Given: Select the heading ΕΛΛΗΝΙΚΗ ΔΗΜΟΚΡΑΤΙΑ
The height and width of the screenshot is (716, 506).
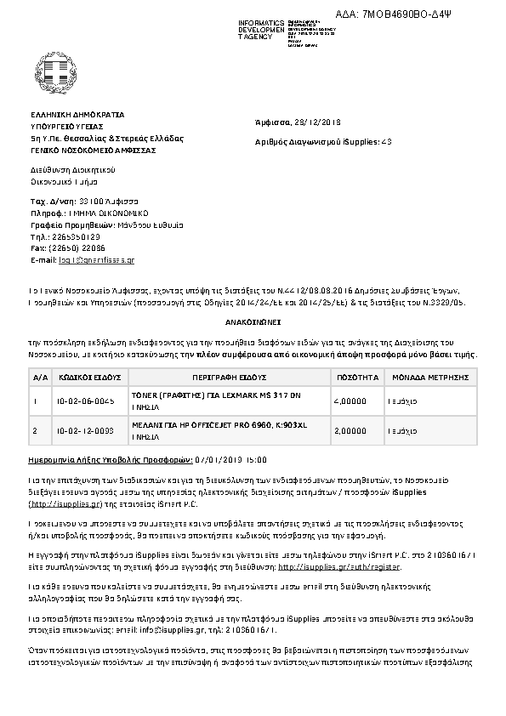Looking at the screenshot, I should [x=77, y=113].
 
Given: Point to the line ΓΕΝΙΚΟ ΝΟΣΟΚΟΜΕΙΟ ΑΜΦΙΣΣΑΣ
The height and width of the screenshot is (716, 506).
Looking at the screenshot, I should [x=93, y=147].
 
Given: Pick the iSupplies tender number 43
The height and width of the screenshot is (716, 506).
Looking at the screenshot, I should [x=387, y=141].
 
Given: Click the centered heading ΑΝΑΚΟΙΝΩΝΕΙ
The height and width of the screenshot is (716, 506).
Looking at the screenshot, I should [x=253, y=324].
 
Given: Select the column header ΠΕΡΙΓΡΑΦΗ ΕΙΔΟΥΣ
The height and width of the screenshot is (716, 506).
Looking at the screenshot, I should [x=225, y=375].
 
